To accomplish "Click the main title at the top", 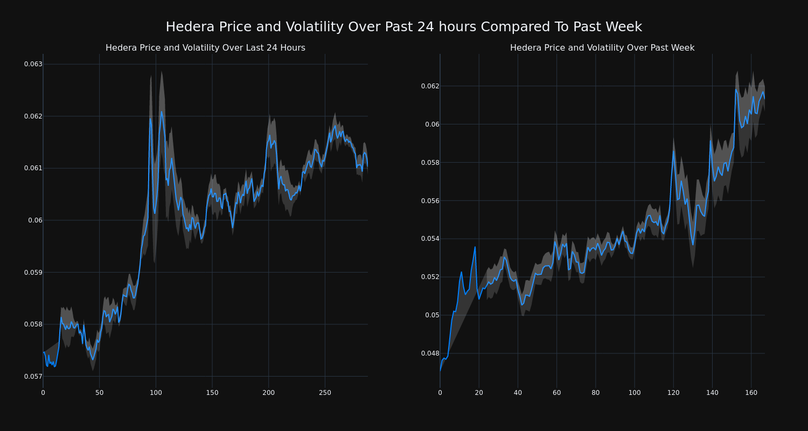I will coord(403,27).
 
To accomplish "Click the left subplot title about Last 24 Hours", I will coord(205,48).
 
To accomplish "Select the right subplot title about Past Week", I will coord(602,48).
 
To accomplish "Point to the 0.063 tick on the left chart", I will coord(33,64).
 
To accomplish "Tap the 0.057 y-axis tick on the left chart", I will coord(33,376).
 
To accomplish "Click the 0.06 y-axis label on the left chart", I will coord(36,220).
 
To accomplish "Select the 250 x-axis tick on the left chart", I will coord(325,393).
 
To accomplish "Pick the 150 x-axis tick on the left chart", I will coord(212,393).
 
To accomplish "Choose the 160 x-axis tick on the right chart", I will coord(751,393).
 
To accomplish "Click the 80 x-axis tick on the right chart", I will coord(595,393).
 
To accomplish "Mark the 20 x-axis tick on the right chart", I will coord(479,393).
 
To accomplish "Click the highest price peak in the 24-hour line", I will coord(162,112).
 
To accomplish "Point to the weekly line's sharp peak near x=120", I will coord(673,150).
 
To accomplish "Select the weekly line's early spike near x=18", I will coord(475,247).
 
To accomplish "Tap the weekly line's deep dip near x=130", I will coord(693,245).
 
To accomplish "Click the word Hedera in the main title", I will coord(188,27).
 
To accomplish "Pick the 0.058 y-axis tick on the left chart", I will coord(33,324).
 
